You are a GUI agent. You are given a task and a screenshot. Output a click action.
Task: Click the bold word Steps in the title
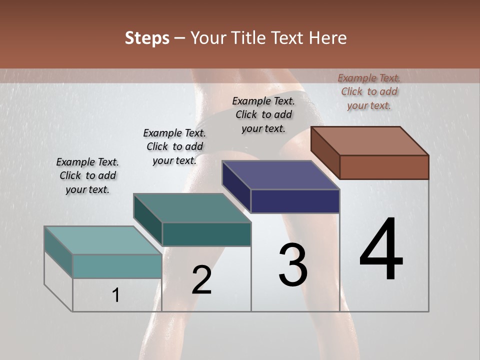(x=147, y=38)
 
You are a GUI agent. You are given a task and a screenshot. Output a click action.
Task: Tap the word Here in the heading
(x=328, y=38)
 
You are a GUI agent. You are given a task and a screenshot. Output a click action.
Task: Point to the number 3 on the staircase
(x=293, y=265)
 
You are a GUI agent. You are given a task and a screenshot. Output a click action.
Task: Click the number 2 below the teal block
(x=201, y=280)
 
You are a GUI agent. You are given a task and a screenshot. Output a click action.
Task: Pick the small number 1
(x=116, y=295)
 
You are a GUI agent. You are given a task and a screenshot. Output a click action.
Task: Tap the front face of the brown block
(x=384, y=167)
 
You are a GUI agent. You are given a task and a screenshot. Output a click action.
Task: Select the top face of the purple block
(x=281, y=175)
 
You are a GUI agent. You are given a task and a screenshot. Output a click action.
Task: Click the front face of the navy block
(x=295, y=201)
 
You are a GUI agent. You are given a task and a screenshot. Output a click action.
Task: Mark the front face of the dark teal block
(x=206, y=234)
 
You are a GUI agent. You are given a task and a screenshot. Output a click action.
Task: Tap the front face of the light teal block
(x=117, y=266)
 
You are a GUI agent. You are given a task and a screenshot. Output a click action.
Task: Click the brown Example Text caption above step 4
(x=369, y=91)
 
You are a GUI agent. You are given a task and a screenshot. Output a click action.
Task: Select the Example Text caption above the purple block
(x=263, y=114)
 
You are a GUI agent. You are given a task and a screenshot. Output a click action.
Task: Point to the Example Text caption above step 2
(x=174, y=146)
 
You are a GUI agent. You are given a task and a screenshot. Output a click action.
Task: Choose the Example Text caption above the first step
(x=87, y=175)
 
